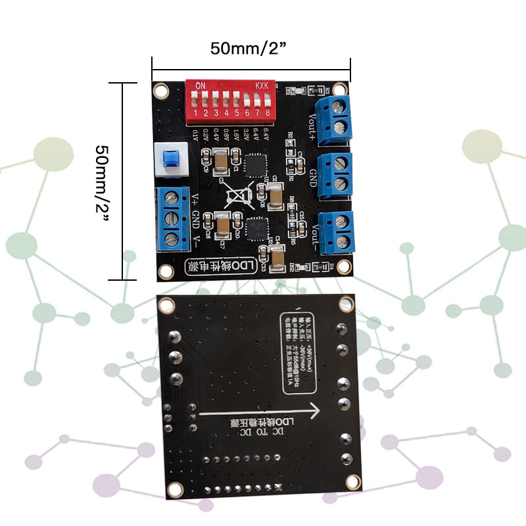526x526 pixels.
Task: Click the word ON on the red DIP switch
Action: tap(201, 85)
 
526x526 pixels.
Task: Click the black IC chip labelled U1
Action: tap(253, 164)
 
